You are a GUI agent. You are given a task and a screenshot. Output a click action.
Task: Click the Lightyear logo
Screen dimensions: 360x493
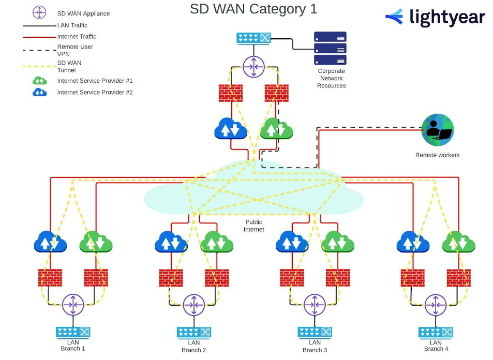click(435, 18)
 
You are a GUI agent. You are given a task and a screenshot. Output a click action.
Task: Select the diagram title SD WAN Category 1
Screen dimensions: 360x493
click(253, 9)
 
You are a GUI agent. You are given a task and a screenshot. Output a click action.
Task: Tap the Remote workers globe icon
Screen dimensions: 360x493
click(438, 131)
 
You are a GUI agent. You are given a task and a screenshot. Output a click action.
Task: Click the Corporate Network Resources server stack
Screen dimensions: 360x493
click(330, 49)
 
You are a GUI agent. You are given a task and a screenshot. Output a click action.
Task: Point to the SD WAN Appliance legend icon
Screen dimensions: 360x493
click(39, 13)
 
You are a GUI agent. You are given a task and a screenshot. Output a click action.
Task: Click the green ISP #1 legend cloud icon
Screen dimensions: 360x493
click(40, 81)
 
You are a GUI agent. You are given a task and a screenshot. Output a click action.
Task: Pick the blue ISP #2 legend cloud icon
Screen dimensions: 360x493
click(40, 93)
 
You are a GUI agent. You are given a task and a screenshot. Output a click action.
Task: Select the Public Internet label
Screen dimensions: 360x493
click(254, 226)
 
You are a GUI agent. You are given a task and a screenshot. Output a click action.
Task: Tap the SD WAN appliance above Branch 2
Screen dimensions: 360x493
click(194, 304)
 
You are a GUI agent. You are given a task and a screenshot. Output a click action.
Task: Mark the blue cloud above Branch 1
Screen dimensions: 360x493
click(50, 242)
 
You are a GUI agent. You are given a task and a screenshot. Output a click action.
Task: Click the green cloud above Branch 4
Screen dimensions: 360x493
click(458, 242)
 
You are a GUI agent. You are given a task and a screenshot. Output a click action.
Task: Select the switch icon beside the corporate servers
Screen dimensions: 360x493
click(253, 38)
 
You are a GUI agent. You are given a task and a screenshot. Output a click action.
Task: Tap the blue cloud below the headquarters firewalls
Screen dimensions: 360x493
click(231, 129)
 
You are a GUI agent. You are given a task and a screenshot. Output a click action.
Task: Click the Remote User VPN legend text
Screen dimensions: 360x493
click(75, 50)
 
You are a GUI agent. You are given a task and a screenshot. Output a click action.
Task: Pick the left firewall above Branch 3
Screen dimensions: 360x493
click(292, 278)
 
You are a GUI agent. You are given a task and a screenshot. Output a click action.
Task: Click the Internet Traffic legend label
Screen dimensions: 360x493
click(77, 37)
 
